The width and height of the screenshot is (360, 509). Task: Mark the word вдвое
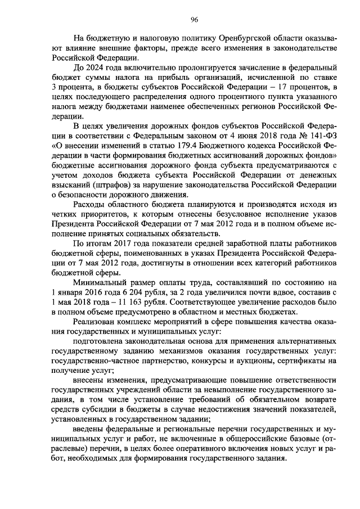[x=278, y=292]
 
